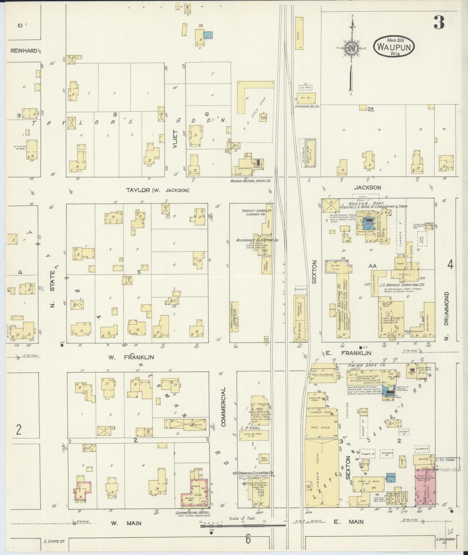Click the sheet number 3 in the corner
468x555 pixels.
(x=439, y=22)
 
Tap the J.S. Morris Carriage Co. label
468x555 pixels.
(x=402, y=285)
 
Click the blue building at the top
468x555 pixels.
(x=208, y=35)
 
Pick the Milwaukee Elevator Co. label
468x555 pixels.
(x=257, y=240)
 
